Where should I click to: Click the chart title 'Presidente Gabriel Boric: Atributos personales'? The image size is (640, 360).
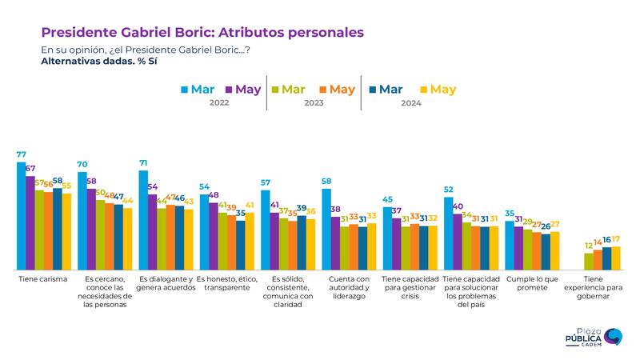point(202,33)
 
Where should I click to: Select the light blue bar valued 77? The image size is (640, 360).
point(22,216)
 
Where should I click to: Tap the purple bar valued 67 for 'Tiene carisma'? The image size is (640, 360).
point(30,222)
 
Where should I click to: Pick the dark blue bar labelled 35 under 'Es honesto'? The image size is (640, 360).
point(240,245)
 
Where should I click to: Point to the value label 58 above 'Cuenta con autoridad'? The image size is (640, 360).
point(326,182)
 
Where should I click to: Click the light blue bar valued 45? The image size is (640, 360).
point(387,238)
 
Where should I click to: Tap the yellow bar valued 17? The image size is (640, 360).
point(615,258)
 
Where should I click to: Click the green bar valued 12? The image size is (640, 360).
point(589,261)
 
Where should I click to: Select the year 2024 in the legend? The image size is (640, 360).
point(410,104)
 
